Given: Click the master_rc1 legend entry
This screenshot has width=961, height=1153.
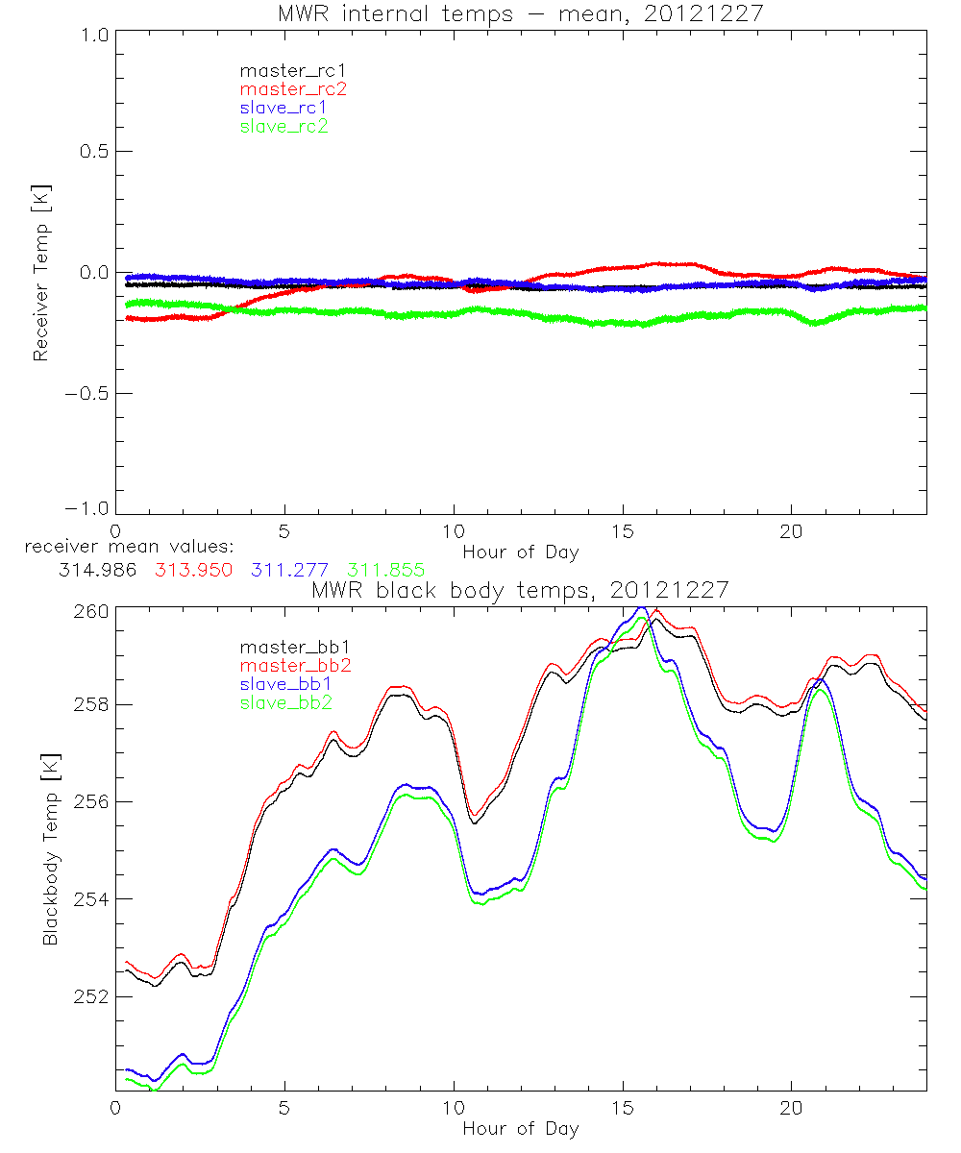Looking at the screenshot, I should (283, 70).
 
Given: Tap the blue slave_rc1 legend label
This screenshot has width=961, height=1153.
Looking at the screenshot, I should (283, 108).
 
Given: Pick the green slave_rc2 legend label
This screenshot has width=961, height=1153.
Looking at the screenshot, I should (283, 126).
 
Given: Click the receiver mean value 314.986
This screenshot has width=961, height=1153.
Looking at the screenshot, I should (98, 570).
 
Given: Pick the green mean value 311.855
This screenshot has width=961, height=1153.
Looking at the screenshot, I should (386, 570).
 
